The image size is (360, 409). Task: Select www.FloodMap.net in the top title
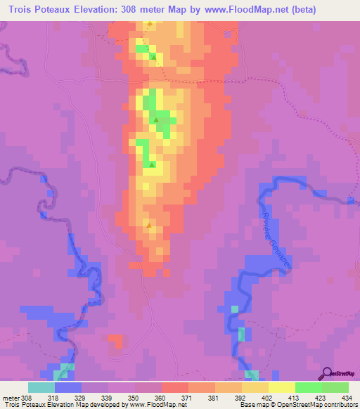pyautogui.click(x=248, y=10)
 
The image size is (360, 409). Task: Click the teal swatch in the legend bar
pyautogui.click(x=41, y=387)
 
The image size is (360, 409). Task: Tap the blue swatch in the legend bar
pyautogui.click(x=68, y=387)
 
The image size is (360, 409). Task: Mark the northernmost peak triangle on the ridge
pyautogui.click(x=149, y=25)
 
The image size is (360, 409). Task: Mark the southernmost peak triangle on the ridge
pyautogui.click(x=149, y=226)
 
